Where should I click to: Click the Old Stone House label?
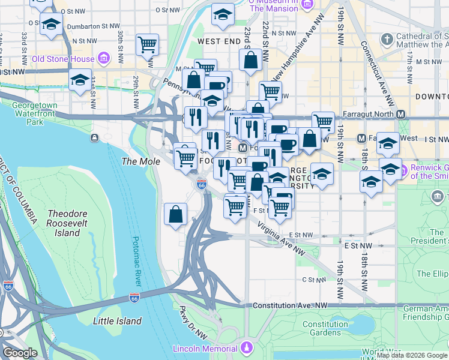point(63,59)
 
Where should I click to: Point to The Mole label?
point(141,161)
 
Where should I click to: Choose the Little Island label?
point(118,321)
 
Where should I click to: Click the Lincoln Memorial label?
point(205,349)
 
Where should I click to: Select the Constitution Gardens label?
point(325,328)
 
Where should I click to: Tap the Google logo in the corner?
point(20,353)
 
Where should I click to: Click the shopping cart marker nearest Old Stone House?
point(147,44)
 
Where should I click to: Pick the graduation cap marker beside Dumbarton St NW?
point(51,25)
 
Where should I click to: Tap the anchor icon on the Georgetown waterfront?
point(95,139)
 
